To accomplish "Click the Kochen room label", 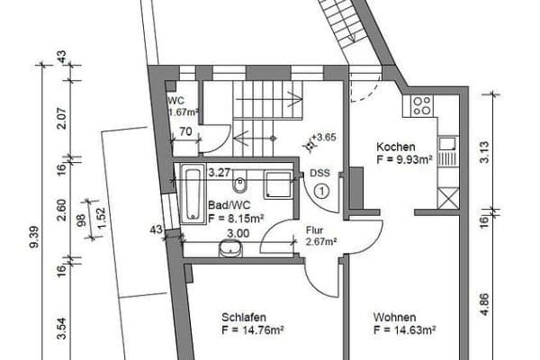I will [x=395, y=147].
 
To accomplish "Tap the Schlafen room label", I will [x=243, y=317].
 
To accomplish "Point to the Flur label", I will [x=314, y=230].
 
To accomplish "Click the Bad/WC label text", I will [x=224, y=205].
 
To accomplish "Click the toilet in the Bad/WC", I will [x=240, y=185].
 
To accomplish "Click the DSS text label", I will [x=319, y=174].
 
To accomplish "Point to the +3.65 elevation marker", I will [x=324, y=137].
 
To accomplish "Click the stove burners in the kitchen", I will [x=422, y=107].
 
